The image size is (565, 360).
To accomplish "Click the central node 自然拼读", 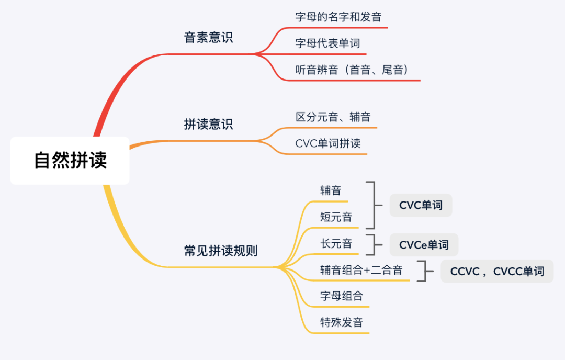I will [70, 161].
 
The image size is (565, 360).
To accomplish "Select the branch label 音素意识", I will [208, 38].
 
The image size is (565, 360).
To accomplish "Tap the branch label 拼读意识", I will [208, 125].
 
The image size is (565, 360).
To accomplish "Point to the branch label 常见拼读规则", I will [221, 251].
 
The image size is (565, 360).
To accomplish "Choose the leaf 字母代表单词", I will [327, 43].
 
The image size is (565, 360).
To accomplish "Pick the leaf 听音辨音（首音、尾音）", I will [352, 70].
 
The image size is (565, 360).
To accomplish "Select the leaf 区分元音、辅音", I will [333, 117].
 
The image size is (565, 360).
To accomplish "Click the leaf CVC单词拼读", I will [328, 143].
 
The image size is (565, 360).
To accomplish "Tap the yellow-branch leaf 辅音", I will [331, 190].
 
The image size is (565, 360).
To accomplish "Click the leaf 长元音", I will [336, 243].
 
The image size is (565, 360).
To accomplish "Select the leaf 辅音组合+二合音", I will [361, 270].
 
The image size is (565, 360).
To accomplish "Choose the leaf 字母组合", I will [341, 296].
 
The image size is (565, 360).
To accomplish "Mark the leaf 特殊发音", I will [341, 322].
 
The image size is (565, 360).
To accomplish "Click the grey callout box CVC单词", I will [421, 205].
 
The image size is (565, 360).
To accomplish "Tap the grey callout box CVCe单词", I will [424, 244].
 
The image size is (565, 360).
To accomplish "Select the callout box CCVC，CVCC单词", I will [497, 271].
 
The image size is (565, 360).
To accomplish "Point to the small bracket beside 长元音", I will [373, 244].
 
